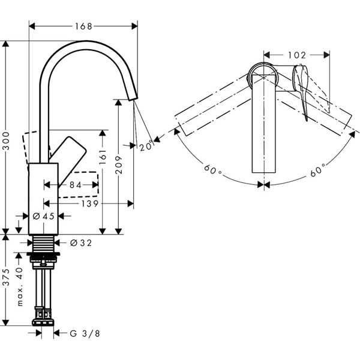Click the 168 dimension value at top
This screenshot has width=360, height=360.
(83, 26)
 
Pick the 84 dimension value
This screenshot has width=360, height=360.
(74, 185)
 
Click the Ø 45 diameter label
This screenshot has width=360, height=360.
(44, 216)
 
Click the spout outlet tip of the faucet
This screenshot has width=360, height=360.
(132, 96)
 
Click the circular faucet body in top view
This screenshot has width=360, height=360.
(263, 75)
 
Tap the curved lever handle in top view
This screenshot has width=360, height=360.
(303, 90)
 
